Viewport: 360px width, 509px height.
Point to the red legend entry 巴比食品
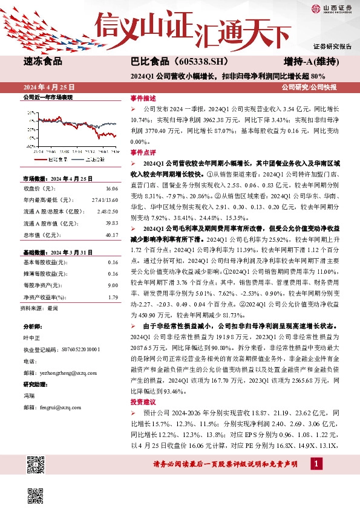(x=54, y=158)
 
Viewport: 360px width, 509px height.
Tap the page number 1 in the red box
(x=316, y=463)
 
